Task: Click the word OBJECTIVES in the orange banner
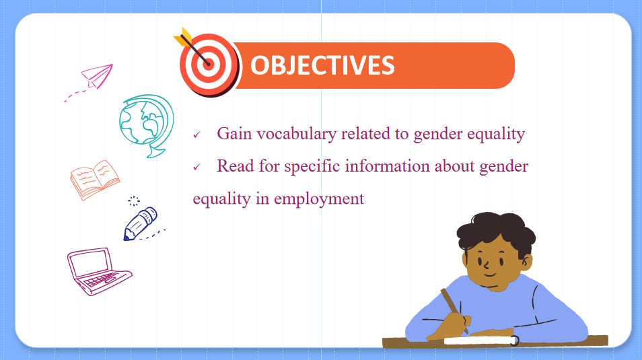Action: tap(322, 65)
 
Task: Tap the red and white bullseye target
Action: tap(209, 65)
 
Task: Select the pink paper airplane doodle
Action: tap(98, 76)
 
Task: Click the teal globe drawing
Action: tap(147, 125)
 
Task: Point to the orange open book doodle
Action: tap(95, 180)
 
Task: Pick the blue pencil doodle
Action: tap(141, 223)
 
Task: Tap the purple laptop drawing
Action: tap(99, 271)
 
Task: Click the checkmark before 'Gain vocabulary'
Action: tap(197, 135)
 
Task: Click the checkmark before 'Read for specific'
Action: tap(197, 167)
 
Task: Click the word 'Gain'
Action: tap(234, 133)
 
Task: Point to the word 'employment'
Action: tap(319, 199)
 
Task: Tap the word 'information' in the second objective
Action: tap(387, 166)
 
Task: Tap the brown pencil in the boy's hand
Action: tap(454, 310)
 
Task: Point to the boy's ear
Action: tap(526, 262)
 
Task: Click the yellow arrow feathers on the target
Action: tap(182, 36)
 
